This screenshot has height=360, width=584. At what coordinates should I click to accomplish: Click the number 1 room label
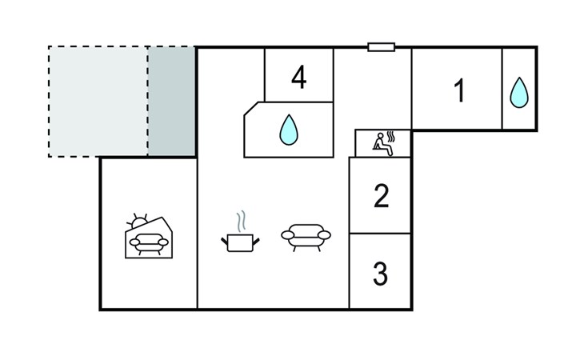pyautogui.click(x=460, y=90)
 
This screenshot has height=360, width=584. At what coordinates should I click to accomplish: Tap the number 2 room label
pyautogui.click(x=381, y=196)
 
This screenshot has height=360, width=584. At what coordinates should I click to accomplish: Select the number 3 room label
pyautogui.click(x=380, y=274)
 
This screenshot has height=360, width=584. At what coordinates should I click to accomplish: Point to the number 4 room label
pyautogui.click(x=298, y=78)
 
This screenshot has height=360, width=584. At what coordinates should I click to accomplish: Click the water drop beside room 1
pyautogui.click(x=519, y=93)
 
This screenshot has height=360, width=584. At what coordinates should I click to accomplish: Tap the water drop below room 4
pyautogui.click(x=289, y=130)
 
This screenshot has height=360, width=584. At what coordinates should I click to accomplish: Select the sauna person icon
pyautogui.click(x=382, y=145)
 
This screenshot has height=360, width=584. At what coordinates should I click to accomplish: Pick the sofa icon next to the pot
pyautogui.click(x=306, y=238)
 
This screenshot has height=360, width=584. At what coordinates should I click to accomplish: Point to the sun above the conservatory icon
pyautogui.click(x=138, y=222)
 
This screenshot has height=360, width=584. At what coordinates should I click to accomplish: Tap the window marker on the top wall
pyautogui.click(x=381, y=47)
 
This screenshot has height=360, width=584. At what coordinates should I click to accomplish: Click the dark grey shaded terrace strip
pyautogui.click(x=172, y=102)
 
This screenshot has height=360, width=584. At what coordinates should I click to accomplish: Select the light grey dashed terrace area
pyautogui.click(x=98, y=102)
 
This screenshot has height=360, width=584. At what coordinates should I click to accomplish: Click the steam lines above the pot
pyautogui.click(x=242, y=220)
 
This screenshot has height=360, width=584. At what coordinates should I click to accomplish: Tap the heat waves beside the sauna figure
pyautogui.click(x=390, y=137)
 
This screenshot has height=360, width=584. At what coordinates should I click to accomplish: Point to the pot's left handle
pyautogui.click(x=224, y=242)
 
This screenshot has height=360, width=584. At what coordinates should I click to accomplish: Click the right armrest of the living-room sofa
pyautogui.click(x=324, y=235)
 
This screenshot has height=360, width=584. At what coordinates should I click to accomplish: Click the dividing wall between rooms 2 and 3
pyautogui.click(x=380, y=234)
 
